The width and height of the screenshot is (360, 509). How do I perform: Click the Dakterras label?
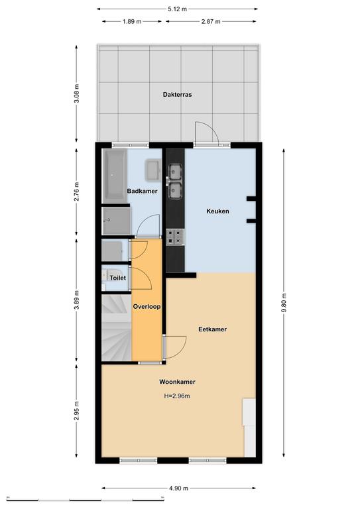[177, 95]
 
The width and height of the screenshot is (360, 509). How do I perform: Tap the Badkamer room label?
[142, 191]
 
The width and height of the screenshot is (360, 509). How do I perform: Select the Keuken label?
[218, 211]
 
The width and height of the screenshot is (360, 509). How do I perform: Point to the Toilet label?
[117, 278]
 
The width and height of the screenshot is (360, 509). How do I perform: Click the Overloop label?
[147, 306]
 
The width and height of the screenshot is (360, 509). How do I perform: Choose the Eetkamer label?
[213, 329]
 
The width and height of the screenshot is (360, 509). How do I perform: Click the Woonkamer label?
[177, 382]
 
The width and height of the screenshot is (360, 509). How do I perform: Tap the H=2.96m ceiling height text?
[177, 396]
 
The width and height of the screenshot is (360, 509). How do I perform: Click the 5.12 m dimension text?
[177, 9]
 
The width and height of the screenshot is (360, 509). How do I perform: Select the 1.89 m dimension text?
[132, 22]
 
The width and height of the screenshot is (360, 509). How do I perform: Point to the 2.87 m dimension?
[211, 22]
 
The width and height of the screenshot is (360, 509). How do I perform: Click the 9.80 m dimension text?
[284, 302]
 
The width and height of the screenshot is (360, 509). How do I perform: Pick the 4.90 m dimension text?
[178, 488]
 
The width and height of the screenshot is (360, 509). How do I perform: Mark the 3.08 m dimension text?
[77, 93]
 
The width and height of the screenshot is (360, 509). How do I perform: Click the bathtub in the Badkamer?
[115, 176]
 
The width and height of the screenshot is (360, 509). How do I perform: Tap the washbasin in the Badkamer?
[152, 170]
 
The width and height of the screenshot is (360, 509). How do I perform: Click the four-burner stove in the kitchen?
[175, 237]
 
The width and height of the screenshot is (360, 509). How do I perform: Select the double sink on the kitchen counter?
[175, 181]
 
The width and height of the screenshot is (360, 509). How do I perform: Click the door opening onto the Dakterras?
[206, 134]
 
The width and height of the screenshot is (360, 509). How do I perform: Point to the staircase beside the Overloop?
[117, 327]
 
